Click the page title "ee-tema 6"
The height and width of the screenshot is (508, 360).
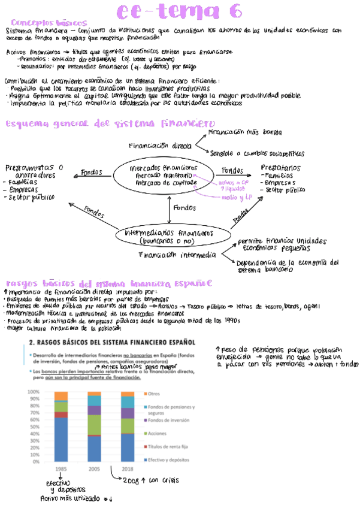180,11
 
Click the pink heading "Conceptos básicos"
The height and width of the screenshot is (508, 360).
49,22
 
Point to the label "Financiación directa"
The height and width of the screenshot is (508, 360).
159,145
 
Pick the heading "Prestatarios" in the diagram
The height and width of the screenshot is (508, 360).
281,168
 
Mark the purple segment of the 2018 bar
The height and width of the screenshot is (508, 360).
127,413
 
